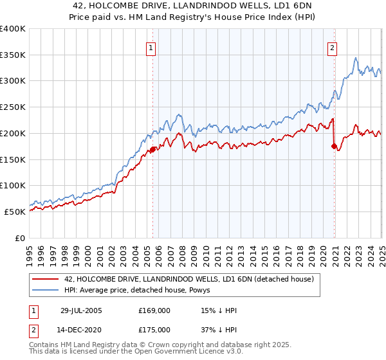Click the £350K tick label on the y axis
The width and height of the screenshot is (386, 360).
(x=13, y=55)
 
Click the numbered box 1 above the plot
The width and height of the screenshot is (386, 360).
(x=151, y=46)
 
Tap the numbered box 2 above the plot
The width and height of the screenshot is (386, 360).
(x=333, y=46)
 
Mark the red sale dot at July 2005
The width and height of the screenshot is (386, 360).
(x=153, y=150)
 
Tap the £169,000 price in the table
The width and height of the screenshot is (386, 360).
(x=154, y=310)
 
